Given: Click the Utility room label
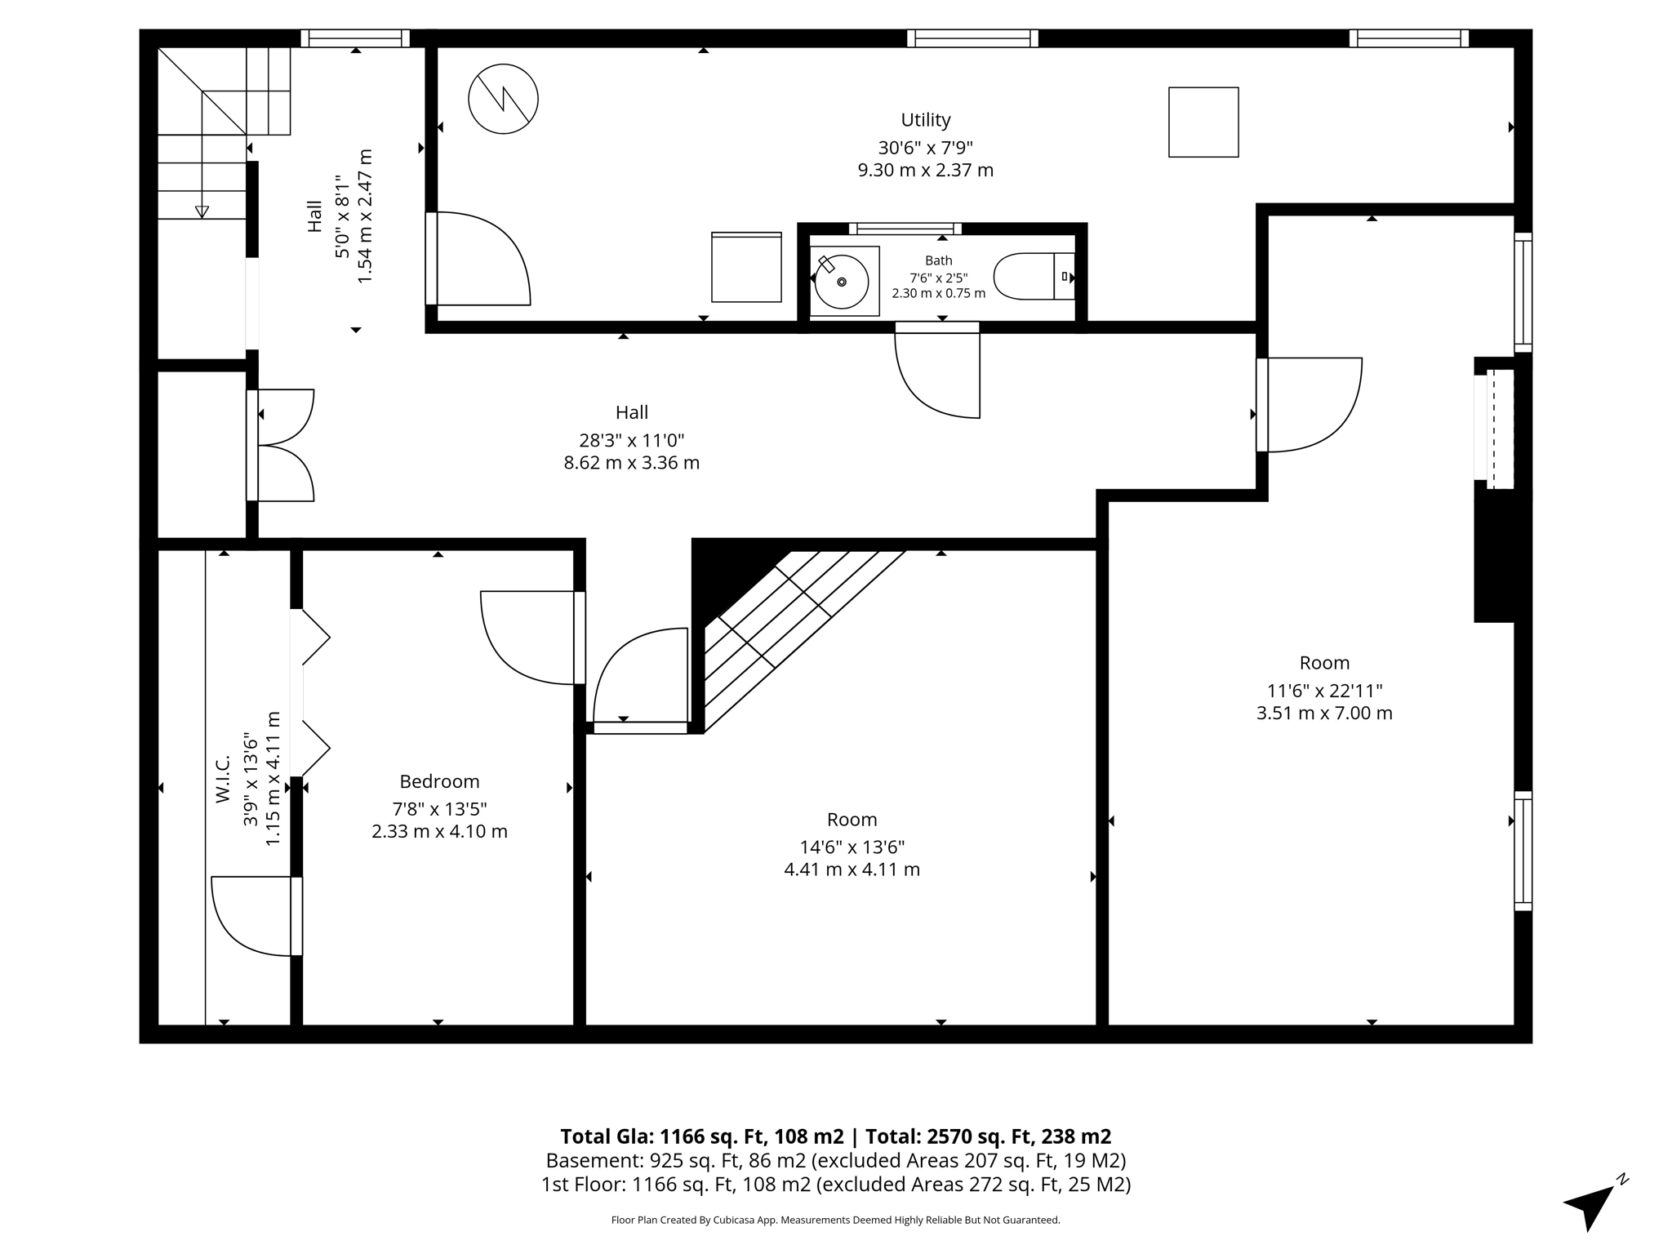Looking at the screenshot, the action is (x=925, y=120).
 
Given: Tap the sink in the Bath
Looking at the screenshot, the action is (x=842, y=282).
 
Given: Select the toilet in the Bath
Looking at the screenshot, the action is (x=1034, y=276).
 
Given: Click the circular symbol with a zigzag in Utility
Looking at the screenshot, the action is (x=503, y=99).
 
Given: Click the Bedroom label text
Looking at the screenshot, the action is (x=439, y=781).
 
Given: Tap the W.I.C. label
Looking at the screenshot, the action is (x=223, y=778).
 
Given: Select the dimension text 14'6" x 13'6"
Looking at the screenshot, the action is (x=852, y=847).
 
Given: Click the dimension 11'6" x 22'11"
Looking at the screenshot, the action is (x=1324, y=691).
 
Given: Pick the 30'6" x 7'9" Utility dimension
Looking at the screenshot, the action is (x=925, y=148).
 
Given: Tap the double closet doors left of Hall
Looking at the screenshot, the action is (x=282, y=445).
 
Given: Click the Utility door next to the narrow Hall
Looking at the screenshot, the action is (x=478, y=259).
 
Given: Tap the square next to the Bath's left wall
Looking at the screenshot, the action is (x=746, y=267).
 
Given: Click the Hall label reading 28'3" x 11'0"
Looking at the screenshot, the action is (x=632, y=441).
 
